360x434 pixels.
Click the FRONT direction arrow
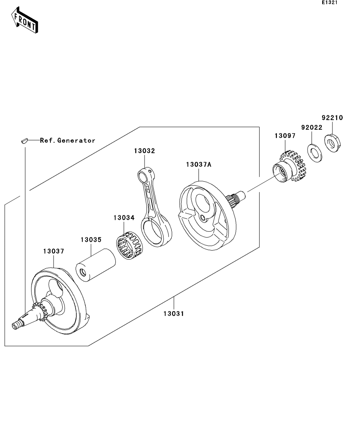24,20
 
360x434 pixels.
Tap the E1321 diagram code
330,2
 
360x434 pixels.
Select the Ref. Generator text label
68,140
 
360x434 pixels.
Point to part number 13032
145,151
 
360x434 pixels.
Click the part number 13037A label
199,164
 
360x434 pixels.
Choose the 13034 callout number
124,218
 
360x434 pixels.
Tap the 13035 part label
91,240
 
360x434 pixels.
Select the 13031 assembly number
173,314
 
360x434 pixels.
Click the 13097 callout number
285,136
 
